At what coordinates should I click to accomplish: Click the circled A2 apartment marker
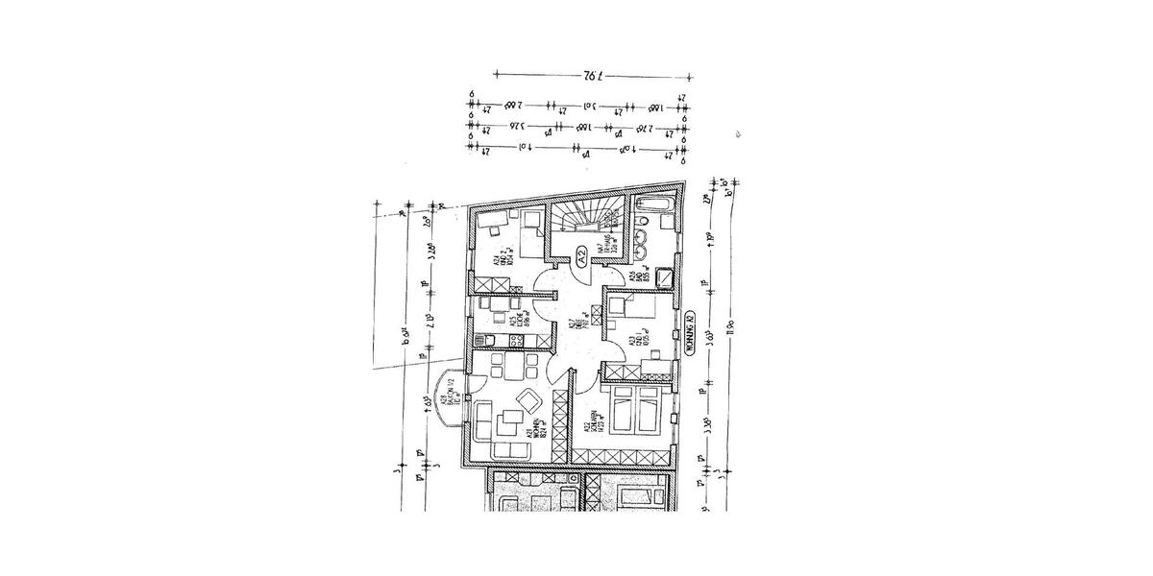(x=581, y=255)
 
